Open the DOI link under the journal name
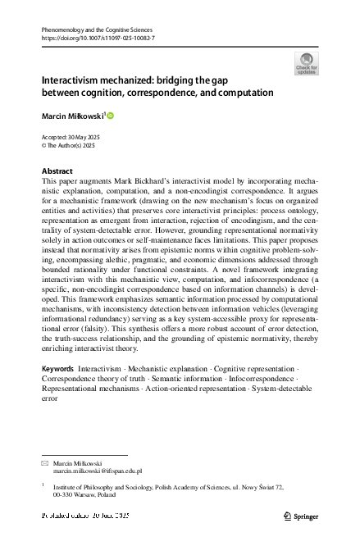click(98, 38)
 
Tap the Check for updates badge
click(306, 63)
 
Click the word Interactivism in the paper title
click(75, 82)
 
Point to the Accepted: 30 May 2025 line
click(70, 137)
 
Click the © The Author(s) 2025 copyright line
click(68, 145)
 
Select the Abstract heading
click(57, 171)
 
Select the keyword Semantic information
click(175, 381)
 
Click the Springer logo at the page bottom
click(301, 516)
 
